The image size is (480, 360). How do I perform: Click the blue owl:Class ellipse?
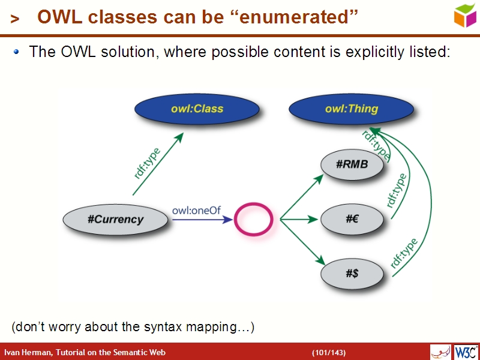click(197, 109)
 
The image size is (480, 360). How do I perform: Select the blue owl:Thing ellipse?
click(352, 109)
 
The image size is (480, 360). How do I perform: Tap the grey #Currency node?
click(115, 219)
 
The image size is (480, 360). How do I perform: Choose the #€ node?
click(352, 220)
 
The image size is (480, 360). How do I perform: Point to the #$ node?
click(352, 274)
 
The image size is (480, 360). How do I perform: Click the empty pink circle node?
click(253, 220)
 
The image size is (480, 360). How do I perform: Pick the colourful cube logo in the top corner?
click(465, 15)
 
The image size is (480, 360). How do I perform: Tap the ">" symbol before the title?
click(15, 19)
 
